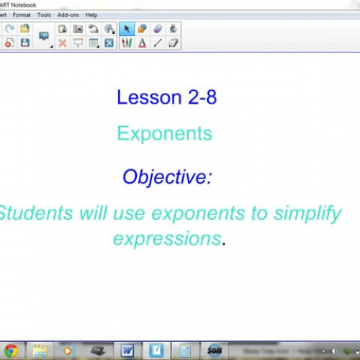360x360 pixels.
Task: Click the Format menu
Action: click(x=22, y=14)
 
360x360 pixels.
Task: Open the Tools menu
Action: click(x=44, y=14)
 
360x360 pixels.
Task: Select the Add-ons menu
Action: click(x=68, y=14)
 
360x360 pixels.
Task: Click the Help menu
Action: click(x=91, y=14)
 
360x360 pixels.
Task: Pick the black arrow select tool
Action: click(x=127, y=29)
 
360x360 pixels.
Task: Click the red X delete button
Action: click(x=63, y=43)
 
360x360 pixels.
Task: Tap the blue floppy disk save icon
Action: click(x=25, y=43)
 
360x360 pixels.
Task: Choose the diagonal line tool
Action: click(x=158, y=43)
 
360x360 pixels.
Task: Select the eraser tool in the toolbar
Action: click(x=173, y=43)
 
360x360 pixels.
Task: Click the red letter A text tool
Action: click(x=143, y=43)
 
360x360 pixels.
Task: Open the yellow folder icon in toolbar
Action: click(x=25, y=29)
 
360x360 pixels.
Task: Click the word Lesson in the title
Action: click(x=148, y=97)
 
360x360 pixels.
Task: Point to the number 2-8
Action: click(x=201, y=97)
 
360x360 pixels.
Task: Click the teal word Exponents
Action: click(x=165, y=133)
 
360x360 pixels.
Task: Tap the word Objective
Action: click(x=167, y=176)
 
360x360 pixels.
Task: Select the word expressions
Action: click(x=167, y=238)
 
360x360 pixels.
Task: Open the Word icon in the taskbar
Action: click(x=127, y=351)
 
